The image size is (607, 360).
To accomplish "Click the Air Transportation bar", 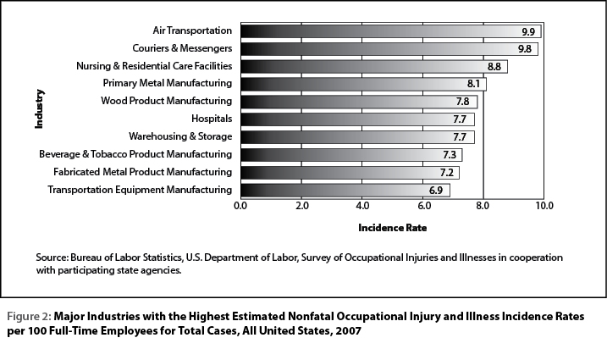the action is coord(390,31).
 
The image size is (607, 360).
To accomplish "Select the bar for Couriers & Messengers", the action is coord(389,49).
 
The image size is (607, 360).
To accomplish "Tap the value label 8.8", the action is coord(494,67).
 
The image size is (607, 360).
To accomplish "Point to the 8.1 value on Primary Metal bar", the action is coord(473,84).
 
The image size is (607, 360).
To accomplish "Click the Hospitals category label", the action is coord(212,119).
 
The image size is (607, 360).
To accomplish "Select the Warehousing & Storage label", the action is coord(180,136).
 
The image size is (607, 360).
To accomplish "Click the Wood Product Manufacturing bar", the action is coord(359,102).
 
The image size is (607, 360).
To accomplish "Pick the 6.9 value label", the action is coord(436,191).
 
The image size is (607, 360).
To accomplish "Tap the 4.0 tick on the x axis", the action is coord(362,205).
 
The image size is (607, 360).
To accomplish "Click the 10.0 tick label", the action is coord(544,205).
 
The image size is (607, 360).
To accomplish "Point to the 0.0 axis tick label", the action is coord(240,205).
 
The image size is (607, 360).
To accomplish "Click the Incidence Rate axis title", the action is coord(393,228).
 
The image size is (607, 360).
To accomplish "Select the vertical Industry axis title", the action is coord(39,109).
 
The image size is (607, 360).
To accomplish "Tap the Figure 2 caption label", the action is coord(29,317).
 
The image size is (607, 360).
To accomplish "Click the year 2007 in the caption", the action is coord(349,331).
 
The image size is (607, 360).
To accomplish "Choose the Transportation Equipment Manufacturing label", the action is coord(140,190).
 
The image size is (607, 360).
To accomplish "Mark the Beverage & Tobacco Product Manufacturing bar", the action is coord(351,155).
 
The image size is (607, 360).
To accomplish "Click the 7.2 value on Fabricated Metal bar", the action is coord(447,173).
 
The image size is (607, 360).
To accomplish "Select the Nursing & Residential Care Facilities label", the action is coord(154,66).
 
